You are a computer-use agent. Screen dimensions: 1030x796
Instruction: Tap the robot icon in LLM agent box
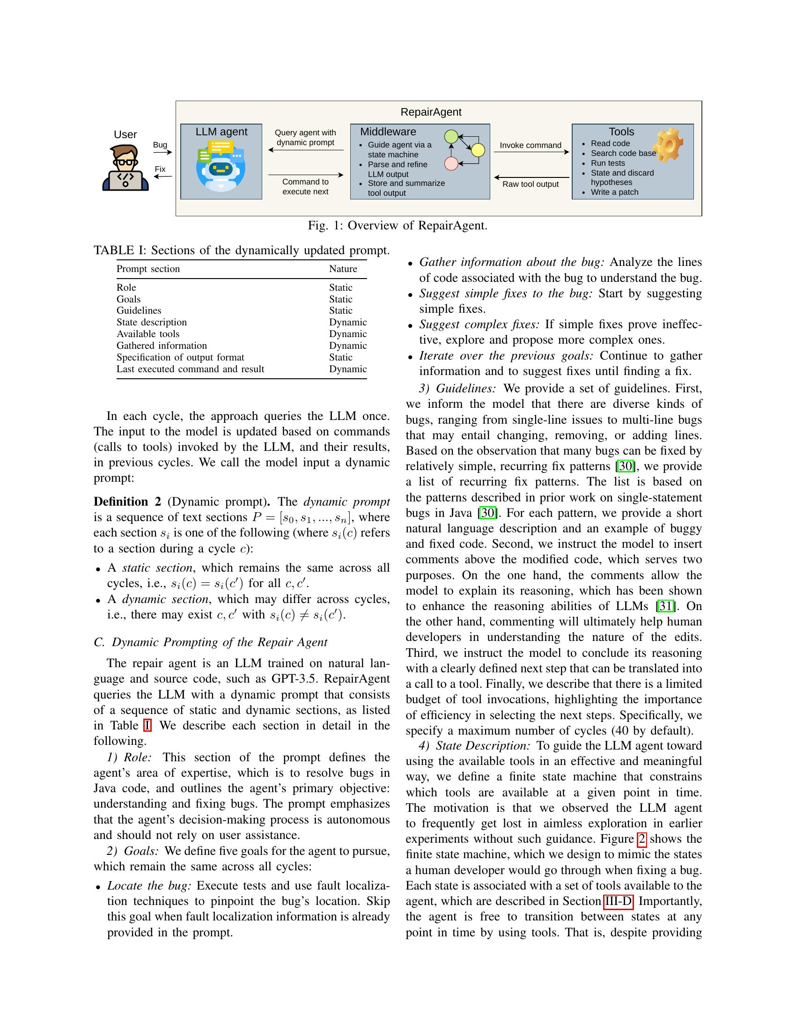221,169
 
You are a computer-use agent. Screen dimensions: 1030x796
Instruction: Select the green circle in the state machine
451,137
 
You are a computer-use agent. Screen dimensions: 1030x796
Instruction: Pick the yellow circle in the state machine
478,150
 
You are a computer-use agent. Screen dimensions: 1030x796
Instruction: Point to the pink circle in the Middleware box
451,164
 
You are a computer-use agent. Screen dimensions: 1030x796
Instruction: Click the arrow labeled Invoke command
531,152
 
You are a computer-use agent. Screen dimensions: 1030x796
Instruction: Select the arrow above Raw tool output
531,177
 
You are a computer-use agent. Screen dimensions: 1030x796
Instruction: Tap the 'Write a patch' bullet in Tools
614,192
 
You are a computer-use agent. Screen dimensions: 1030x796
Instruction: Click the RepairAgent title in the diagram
430,112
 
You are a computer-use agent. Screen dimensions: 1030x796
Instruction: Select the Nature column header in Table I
343,269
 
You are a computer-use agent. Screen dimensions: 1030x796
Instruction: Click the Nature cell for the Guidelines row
340,310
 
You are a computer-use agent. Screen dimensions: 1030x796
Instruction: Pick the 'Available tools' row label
148,334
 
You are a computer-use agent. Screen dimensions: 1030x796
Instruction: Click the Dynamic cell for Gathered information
347,346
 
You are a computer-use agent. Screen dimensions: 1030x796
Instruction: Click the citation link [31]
665,606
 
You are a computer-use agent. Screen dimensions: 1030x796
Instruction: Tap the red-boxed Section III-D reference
618,901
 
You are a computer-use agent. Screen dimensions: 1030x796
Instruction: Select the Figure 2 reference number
641,839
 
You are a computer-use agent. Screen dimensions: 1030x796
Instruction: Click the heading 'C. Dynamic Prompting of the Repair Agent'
210,642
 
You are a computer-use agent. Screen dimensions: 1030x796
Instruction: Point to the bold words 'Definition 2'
127,501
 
